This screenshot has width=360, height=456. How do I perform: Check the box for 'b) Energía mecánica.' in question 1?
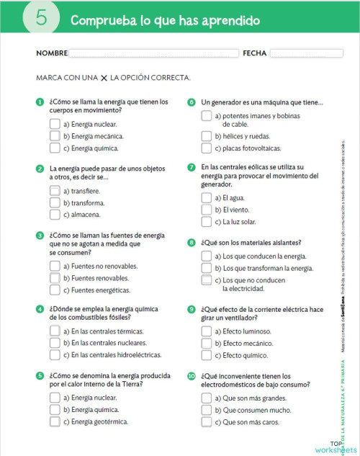point(55,135)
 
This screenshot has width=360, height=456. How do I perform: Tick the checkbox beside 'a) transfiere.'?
point(55,191)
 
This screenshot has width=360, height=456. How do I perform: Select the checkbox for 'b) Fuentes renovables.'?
point(55,278)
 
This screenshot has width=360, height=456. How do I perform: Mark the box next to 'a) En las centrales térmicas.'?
point(55,331)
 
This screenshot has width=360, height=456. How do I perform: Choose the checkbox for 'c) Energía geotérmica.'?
point(55,421)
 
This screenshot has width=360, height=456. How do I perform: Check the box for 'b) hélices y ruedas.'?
point(207,136)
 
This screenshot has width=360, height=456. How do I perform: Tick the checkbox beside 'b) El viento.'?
point(207,209)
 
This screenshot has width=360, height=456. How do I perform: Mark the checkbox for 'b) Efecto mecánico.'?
point(207,343)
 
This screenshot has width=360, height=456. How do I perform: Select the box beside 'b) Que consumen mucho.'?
point(207,409)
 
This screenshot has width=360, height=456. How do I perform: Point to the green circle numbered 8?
point(192,242)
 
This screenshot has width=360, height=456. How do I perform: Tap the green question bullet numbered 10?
point(192,376)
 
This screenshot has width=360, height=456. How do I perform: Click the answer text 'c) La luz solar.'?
point(240,222)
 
